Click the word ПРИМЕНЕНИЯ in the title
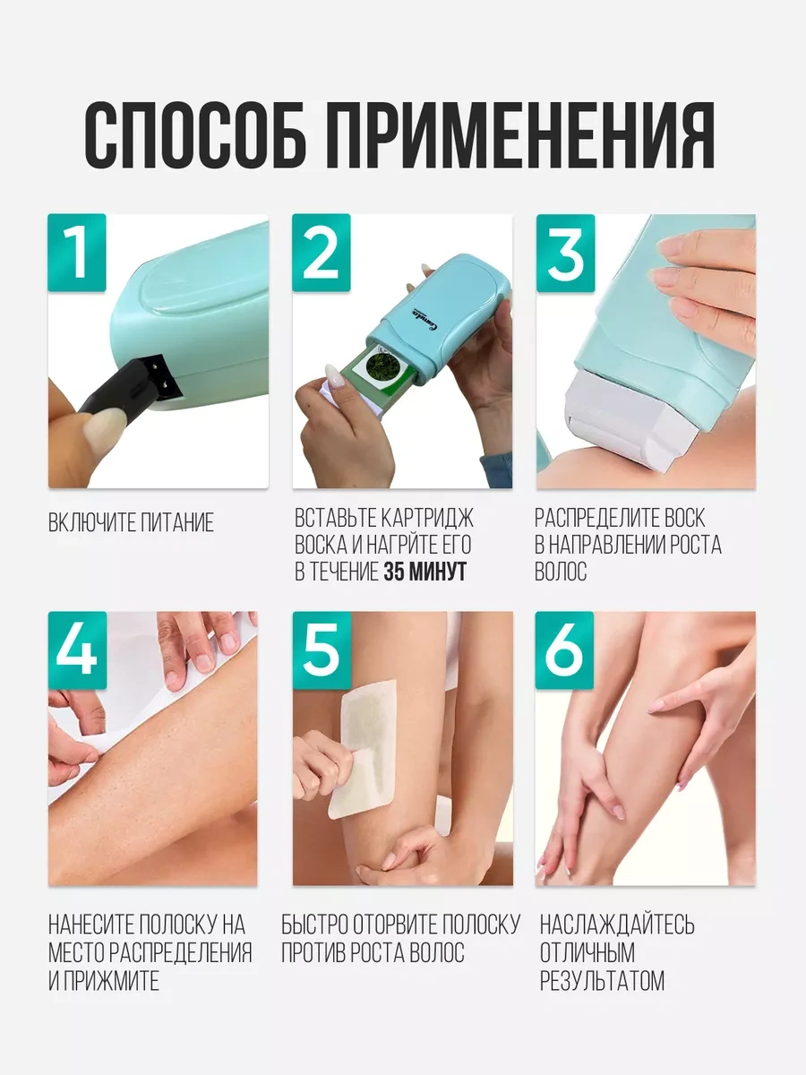point(522,135)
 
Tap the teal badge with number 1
point(77,253)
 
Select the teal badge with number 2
point(321,253)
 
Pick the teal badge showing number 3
point(565,253)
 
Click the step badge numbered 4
point(77,649)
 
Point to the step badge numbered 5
point(322,649)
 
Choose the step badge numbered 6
point(564,649)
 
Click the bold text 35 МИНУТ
point(424,572)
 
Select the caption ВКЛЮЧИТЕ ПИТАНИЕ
point(131,522)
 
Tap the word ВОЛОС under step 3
point(561,572)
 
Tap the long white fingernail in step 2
point(335,376)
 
